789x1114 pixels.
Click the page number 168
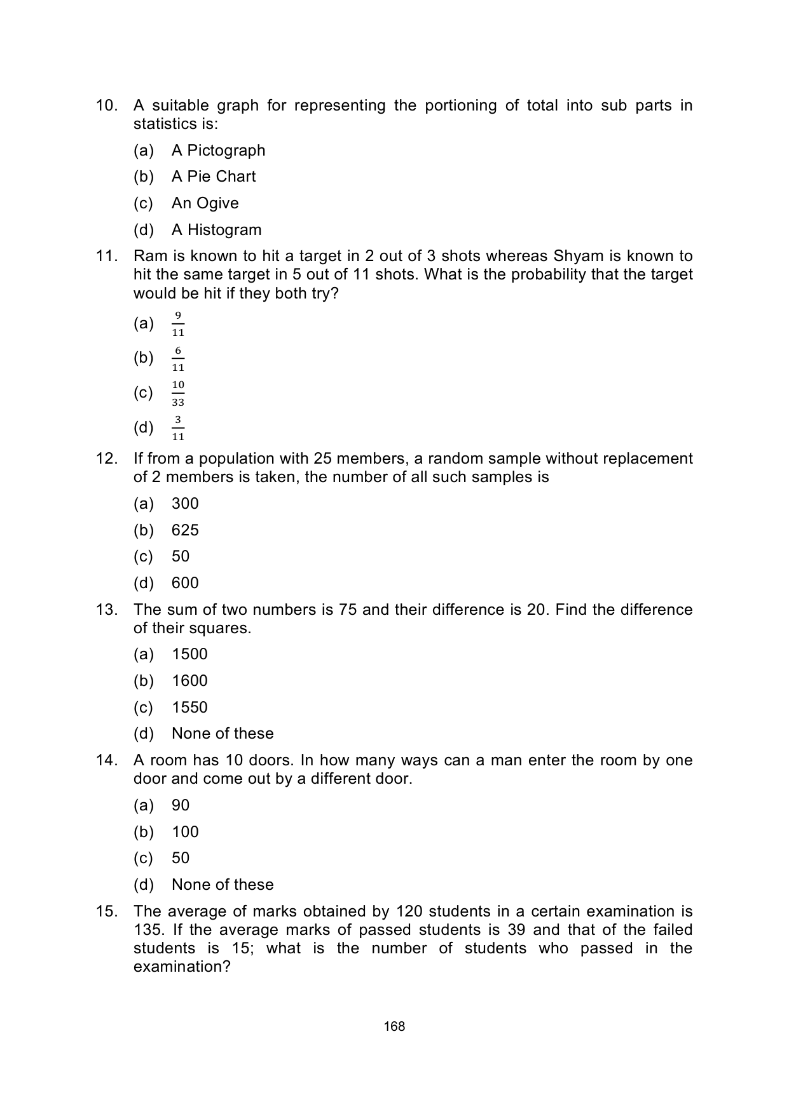tap(394, 1026)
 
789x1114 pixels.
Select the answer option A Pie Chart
tap(214, 177)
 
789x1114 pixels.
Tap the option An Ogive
tap(205, 203)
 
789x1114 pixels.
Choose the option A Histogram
tap(216, 230)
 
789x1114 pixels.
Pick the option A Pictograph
tap(218, 151)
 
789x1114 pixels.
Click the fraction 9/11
tap(178, 324)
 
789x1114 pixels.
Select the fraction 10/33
tap(178, 393)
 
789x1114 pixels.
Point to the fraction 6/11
tap(178, 359)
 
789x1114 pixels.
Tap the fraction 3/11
tap(178, 428)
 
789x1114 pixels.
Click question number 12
tap(107, 459)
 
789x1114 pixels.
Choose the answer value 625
tap(185, 530)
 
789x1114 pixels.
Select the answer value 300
tap(185, 504)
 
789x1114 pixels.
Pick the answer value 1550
tap(189, 708)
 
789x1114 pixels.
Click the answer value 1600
tap(189, 681)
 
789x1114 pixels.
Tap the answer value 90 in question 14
tap(181, 805)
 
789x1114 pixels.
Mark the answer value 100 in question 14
tap(185, 832)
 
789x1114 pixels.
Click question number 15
tap(107, 911)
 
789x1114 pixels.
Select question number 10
tap(107, 105)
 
